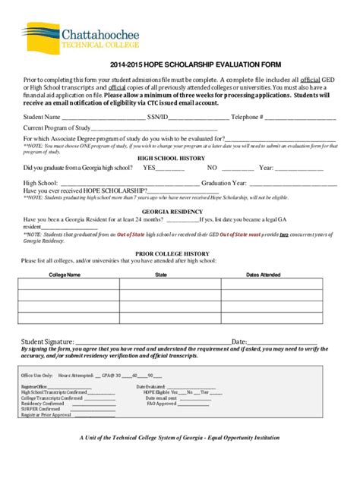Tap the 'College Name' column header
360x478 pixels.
(x=65, y=274)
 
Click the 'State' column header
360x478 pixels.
(x=161, y=274)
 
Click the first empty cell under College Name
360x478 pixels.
(x=65, y=285)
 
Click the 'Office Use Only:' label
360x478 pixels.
(x=36, y=376)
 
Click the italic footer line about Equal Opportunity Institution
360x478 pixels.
(x=180, y=439)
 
